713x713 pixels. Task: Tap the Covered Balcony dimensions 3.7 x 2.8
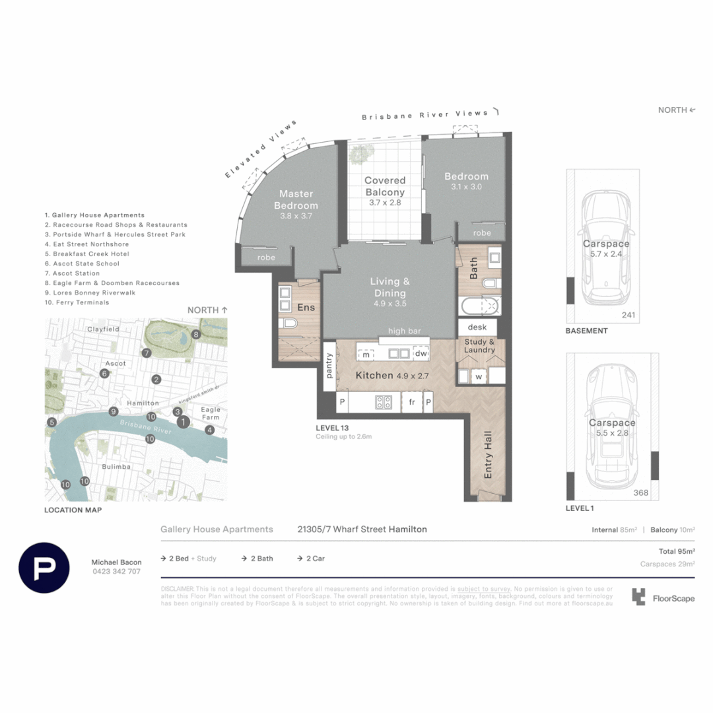(x=386, y=203)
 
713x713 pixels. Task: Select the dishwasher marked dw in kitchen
(x=421, y=354)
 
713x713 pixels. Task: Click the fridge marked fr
(x=412, y=401)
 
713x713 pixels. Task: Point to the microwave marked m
(x=365, y=355)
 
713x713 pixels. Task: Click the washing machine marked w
(x=477, y=377)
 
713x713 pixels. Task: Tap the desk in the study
(x=477, y=327)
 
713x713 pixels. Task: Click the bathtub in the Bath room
(x=479, y=306)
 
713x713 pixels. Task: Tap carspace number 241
(x=628, y=316)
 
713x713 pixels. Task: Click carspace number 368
(x=641, y=492)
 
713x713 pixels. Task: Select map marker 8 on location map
(x=196, y=335)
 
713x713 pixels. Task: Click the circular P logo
(x=44, y=567)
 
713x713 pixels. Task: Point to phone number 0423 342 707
(x=116, y=572)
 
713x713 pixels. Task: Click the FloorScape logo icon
(x=638, y=597)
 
